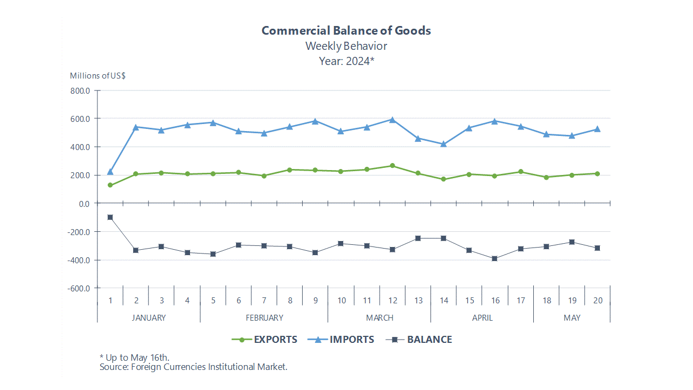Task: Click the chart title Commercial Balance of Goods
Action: (346, 30)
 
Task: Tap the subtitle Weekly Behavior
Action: (346, 46)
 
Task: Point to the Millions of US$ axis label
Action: (97, 76)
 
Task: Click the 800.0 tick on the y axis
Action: (80, 90)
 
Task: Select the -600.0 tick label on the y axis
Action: (79, 288)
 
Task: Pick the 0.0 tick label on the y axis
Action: (83, 204)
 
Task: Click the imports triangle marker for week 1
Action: (110, 172)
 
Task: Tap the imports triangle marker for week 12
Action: (393, 120)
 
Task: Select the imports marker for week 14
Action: (443, 144)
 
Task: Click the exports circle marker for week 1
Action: (110, 185)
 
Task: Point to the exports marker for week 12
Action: (393, 166)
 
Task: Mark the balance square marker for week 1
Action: (110, 217)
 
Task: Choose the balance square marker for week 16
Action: (495, 259)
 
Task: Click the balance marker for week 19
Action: (572, 242)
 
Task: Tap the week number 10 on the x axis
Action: (341, 301)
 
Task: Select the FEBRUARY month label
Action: (264, 318)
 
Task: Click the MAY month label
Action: (572, 318)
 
